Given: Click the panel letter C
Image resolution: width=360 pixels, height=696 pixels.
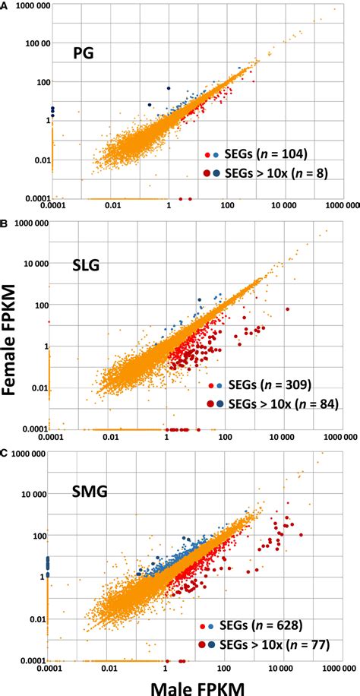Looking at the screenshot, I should coord(5,451).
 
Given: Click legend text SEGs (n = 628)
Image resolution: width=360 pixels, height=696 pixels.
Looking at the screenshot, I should coord(262,625).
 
